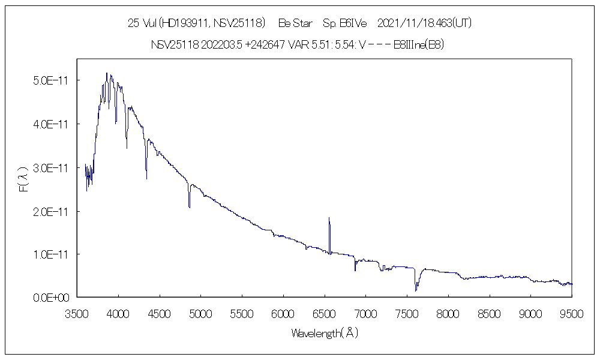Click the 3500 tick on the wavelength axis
coord(77,313)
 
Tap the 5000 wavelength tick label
coord(200,313)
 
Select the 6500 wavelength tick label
coord(324,313)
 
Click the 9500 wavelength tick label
coord(571,313)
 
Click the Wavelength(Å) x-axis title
coord(324,333)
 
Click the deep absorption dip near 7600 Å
coord(415,290)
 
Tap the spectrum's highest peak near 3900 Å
coord(107,74)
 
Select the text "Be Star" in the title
coord(295,23)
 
